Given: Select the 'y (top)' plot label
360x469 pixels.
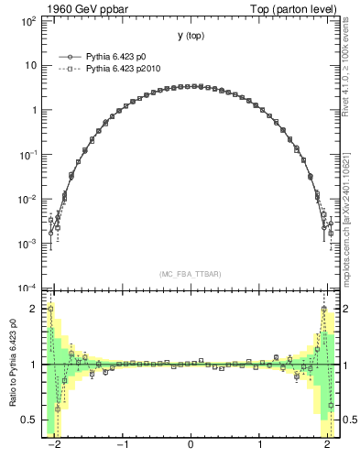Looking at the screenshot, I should click(190, 36).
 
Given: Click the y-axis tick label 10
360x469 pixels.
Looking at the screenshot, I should click(29, 65).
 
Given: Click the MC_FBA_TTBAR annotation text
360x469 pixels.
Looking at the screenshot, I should click(190, 273).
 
